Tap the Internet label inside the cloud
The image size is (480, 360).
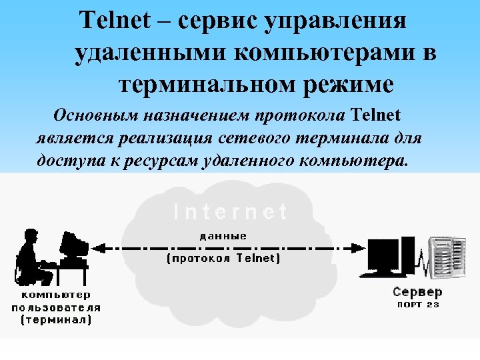coord(230,212)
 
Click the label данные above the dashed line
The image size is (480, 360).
coord(223,235)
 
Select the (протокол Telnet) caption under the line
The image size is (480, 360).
coord(223,259)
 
